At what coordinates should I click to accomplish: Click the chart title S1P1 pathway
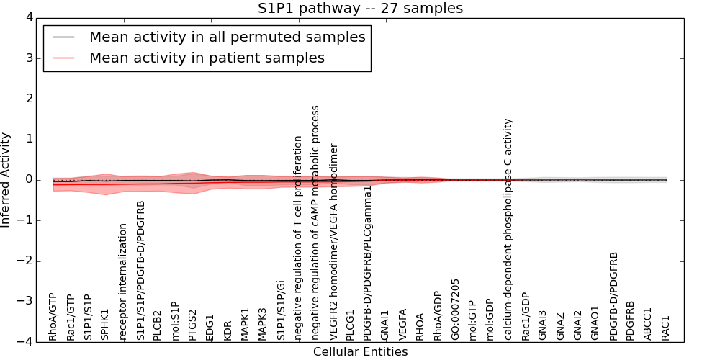(360, 9)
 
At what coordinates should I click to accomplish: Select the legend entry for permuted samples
(227, 37)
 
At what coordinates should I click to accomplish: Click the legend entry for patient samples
(207, 58)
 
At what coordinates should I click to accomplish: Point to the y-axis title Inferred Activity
(6, 180)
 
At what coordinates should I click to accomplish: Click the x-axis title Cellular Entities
(360, 352)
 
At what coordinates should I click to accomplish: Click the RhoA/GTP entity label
(53, 317)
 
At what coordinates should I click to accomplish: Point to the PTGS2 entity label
(192, 325)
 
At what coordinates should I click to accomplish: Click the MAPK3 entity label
(262, 324)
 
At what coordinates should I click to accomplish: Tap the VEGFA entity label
(402, 325)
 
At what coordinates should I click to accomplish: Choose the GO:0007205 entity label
(455, 310)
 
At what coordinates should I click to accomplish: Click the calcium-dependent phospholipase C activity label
(508, 229)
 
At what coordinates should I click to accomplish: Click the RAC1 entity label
(665, 328)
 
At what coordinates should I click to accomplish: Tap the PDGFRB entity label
(631, 321)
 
